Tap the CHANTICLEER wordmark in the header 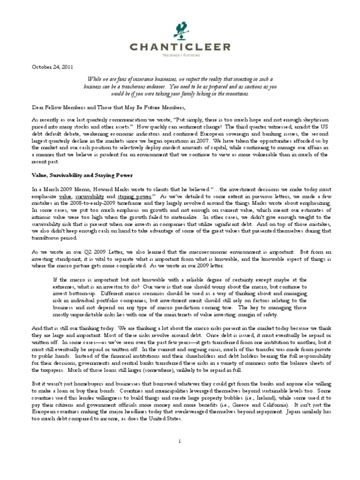click(x=180, y=47)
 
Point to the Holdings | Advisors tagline click(x=180, y=55)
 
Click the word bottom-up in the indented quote click(x=84, y=287)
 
